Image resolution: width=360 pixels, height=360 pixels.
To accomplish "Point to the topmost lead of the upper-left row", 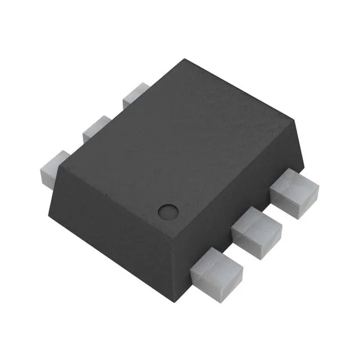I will [x=134, y=94].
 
